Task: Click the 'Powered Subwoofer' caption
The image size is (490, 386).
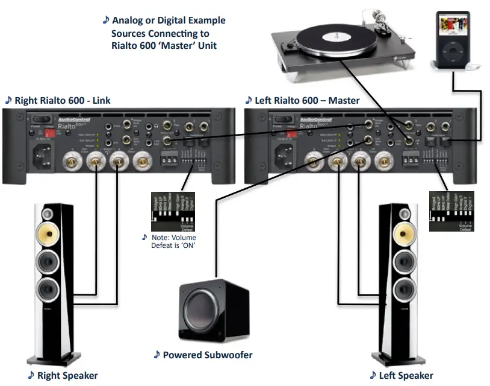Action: [207, 355]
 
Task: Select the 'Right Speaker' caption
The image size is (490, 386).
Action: [67, 375]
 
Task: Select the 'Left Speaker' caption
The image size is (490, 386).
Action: [405, 375]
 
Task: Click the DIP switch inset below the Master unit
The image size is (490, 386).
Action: [451, 211]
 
